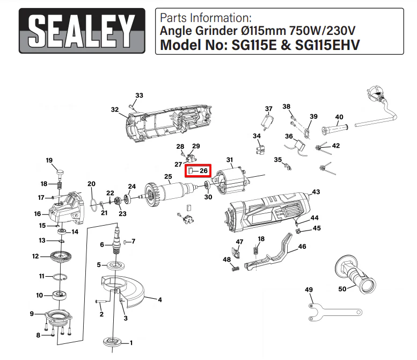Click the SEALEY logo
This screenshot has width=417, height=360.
pyautogui.click(x=82, y=31)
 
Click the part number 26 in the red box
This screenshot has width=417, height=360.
pyautogui.click(x=203, y=171)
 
